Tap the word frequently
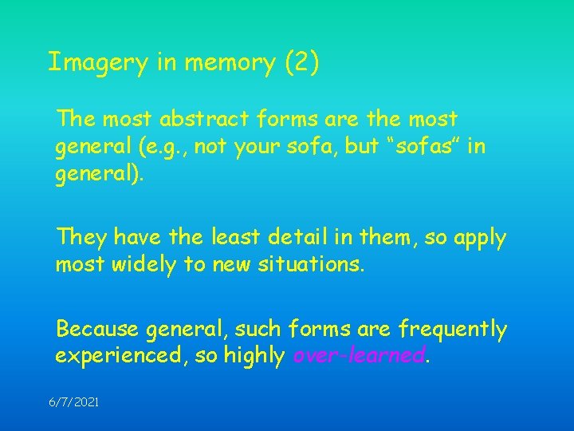point(453,329)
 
